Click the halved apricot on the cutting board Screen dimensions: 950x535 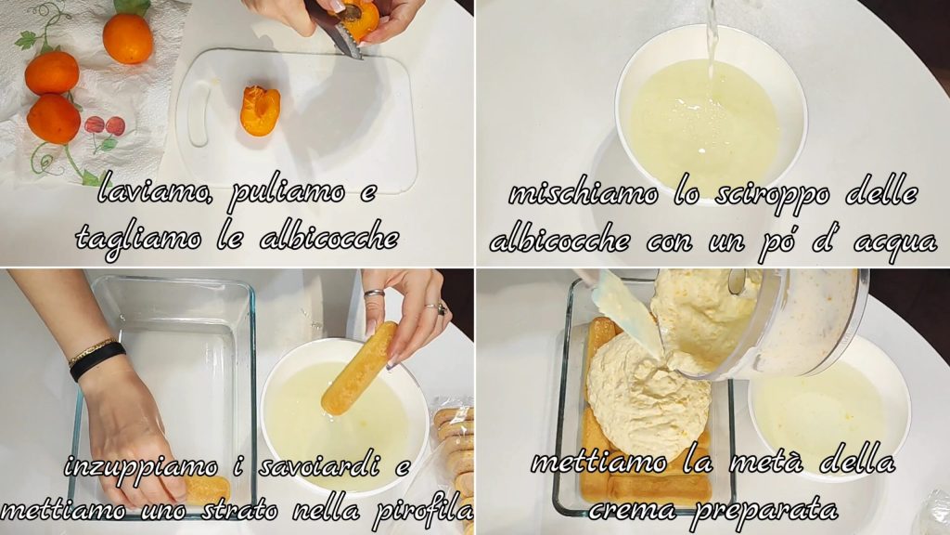click(260, 111)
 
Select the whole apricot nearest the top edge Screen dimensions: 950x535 click(128, 38)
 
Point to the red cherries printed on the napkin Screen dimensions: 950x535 click(105, 126)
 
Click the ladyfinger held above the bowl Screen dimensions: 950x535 click(359, 368)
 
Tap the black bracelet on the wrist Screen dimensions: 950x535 click(96, 360)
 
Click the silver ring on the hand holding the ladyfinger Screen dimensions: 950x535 click(374, 294)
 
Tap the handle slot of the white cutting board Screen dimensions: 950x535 click(199, 116)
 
